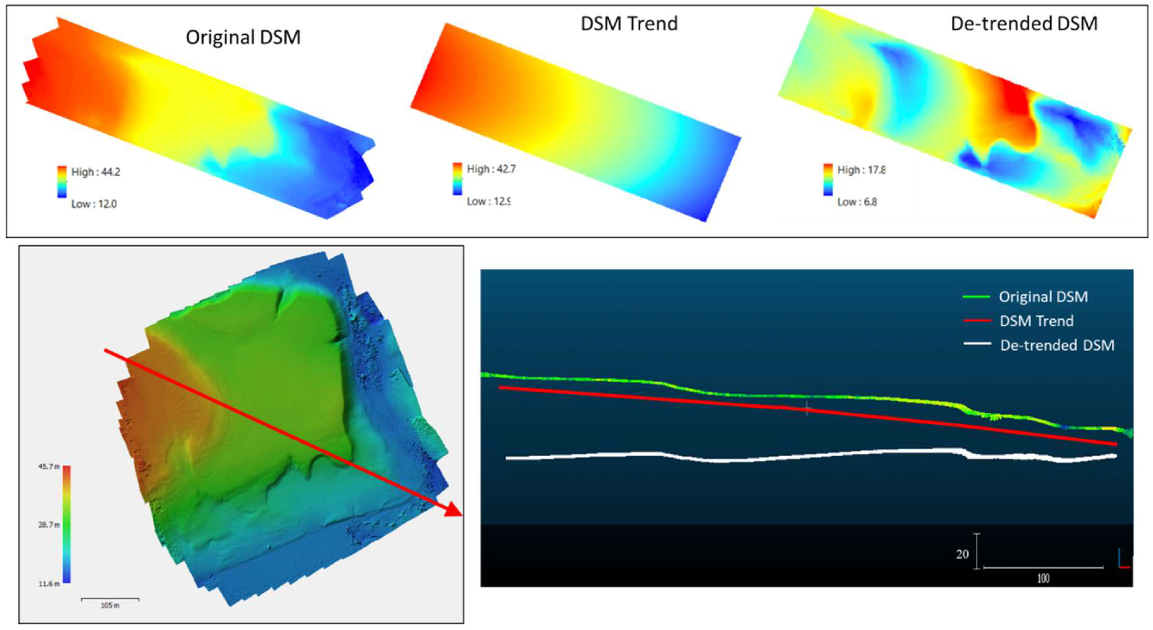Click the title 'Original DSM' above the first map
point(243,37)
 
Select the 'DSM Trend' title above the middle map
point(629,23)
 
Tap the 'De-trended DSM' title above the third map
point(1024,23)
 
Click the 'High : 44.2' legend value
point(96,172)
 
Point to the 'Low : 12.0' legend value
point(94,204)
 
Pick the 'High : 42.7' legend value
point(491,169)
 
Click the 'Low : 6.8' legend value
point(857,202)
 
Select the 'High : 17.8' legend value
point(861,170)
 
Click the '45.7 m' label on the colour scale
point(49,467)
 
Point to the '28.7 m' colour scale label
point(49,524)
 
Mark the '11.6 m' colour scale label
point(49,583)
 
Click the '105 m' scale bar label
point(110,605)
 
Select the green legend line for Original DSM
point(976,297)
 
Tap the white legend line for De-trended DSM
point(977,344)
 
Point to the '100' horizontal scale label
point(1043,578)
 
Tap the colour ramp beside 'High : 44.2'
point(62,182)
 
